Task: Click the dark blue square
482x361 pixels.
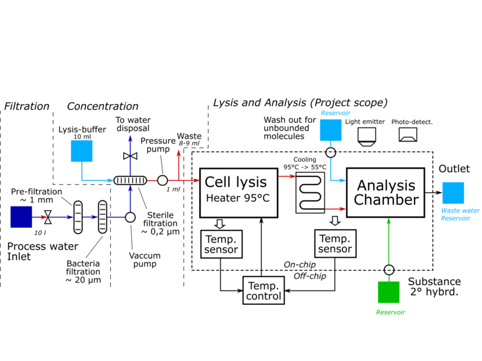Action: point(21,216)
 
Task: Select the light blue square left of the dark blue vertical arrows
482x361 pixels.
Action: point(82,151)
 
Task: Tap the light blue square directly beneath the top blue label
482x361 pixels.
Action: point(330,130)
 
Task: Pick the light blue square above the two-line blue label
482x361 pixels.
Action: point(453,192)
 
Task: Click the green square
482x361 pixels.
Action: point(388,292)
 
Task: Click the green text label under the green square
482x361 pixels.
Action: point(390,312)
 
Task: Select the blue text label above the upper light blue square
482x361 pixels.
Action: point(335,113)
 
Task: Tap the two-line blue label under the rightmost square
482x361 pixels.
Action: point(460,214)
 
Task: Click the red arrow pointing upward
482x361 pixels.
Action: point(179,164)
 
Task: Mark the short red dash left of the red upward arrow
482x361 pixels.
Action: point(152,180)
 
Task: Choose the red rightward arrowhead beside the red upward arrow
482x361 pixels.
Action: point(195,180)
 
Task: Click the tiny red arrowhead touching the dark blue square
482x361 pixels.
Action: point(43,217)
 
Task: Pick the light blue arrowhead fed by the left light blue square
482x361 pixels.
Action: point(110,180)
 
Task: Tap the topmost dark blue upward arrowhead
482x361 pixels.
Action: point(130,138)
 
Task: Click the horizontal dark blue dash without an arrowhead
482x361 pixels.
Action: point(116,217)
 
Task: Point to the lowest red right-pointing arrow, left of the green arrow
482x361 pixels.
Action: point(335,209)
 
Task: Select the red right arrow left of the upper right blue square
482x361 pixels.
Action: point(287,176)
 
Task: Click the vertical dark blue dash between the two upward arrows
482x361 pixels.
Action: point(130,166)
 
